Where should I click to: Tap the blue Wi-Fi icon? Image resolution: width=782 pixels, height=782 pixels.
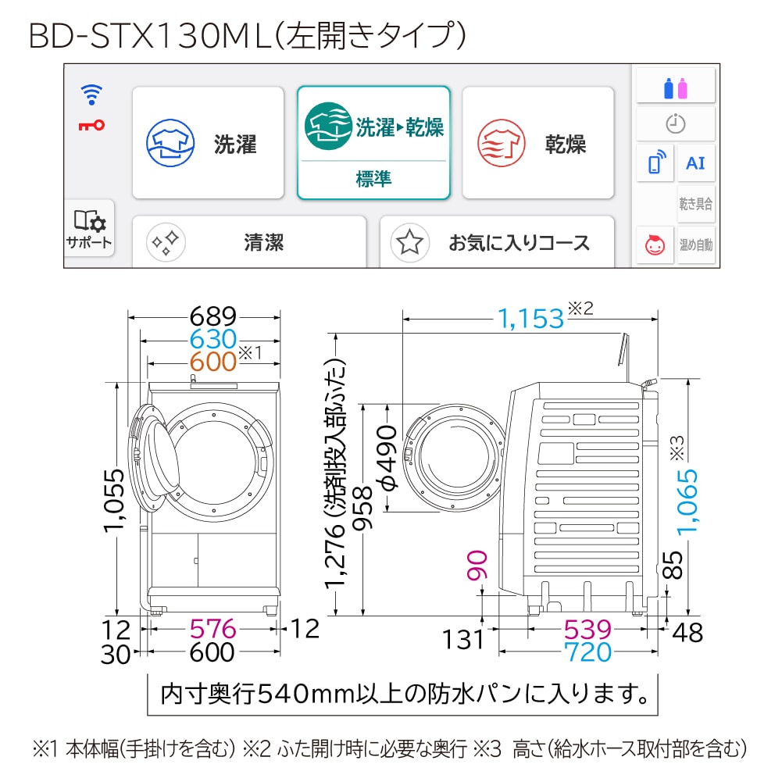(x=91, y=95)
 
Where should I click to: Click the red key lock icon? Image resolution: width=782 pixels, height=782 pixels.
(x=91, y=125)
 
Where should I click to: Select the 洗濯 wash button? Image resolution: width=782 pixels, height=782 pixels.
(x=208, y=143)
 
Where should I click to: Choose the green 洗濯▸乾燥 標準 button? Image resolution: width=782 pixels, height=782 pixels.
(x=373, y=143)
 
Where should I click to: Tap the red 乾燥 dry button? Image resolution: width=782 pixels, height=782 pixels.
(x=537, y=143)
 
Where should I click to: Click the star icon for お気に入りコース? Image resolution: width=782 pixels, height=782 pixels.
(x=409, y=243)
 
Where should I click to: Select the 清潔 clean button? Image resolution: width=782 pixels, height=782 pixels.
(x=249, y=242)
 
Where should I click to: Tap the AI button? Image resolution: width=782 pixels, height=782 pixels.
(x=696, y=163)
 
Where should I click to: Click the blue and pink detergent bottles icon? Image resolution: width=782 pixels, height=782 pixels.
(x=675, y=88)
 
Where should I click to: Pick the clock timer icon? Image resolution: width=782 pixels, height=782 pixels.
(x=675, y=123)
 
